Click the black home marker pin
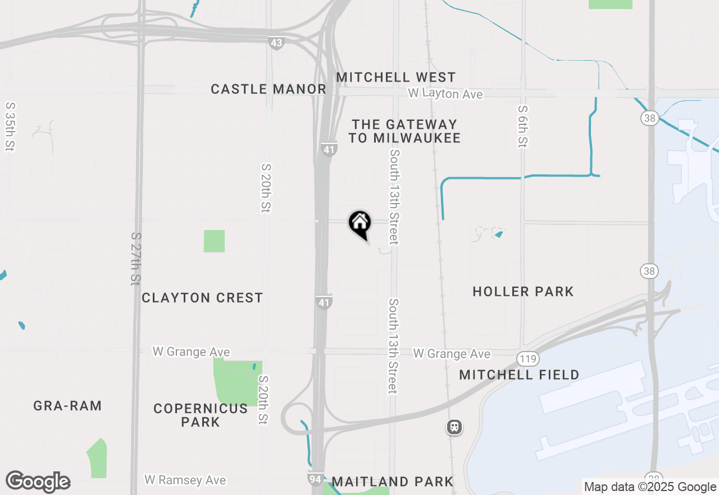pos(359,223)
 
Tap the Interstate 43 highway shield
pos(276,42)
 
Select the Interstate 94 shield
pos(316,479)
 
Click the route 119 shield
pos(529,358)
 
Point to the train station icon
pos(454,427)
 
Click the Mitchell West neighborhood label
pos(396,77)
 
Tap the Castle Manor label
pos(269,89)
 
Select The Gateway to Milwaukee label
pos(404,131)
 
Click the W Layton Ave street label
pos(445,94)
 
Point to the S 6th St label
pos(522,127)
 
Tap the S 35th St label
pos(10,127)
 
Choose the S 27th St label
pos(135,259)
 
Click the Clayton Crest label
pos(202,298)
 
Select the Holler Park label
pos(523,291)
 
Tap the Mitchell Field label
pos(519,375)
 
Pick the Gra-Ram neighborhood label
pos(67,406)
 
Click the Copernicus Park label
pos(201,415)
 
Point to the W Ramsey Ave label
pos(185,480)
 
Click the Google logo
pos(38,481)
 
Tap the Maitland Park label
pos(393,481)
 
